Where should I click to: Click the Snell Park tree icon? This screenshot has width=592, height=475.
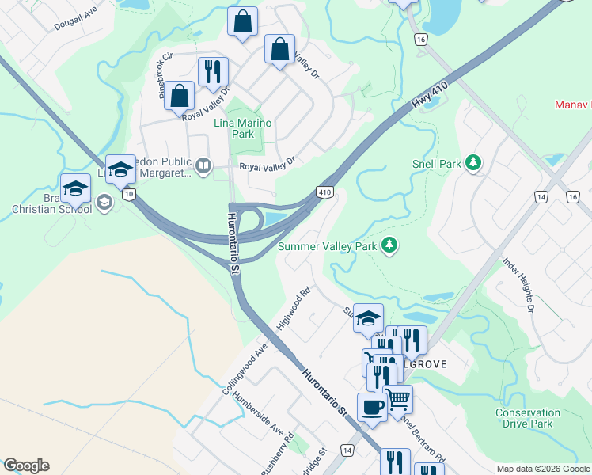tap(473, 164)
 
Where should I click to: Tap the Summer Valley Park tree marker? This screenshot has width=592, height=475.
tap(389, 245)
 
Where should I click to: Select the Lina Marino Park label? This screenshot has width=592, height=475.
tap(243, 128)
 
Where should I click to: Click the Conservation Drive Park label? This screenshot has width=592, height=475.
tap(528, 418)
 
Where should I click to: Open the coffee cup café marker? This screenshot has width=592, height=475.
tap(372, 408)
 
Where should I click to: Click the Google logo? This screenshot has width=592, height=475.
tap(26, 465)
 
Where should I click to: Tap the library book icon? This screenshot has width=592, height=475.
tap(203, 165)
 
